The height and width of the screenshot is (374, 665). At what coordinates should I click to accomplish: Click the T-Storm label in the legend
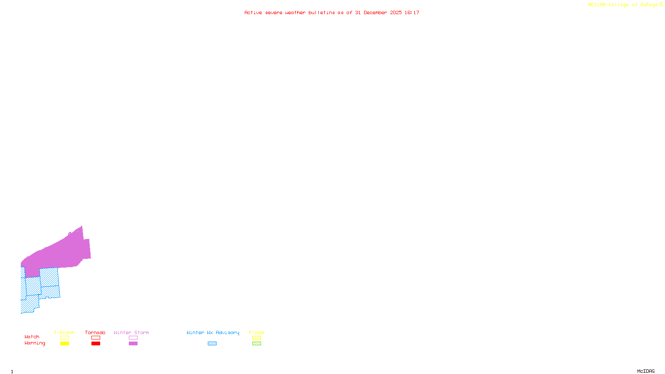tap(64, 332)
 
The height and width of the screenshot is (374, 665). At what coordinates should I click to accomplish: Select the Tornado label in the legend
tap(95, 332)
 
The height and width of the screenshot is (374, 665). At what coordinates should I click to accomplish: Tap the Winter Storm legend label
tap(131, 332)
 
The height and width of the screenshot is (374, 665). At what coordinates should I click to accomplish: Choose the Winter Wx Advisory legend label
tap(213, 332)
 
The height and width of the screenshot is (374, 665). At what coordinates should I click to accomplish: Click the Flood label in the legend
tap(256, 332)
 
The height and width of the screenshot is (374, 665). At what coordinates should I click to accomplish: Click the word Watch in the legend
tap(32, 337)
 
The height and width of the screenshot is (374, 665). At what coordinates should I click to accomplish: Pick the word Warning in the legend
tap(34, 343)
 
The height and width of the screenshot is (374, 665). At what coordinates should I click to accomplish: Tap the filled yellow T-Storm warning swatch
tap(64, 344)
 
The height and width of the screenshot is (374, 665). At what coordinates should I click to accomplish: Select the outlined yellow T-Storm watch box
tap(64, 338)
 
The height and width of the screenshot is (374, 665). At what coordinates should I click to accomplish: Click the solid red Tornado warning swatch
tap(96, 344)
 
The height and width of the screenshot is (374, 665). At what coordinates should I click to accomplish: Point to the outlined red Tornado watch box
tap(96, 338)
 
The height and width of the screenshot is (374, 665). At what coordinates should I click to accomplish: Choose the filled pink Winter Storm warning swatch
tap(133, 344)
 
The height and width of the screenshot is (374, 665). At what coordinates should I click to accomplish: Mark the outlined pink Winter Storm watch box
tap(133, 338)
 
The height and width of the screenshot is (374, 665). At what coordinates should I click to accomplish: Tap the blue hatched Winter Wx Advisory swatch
tap(212, 344)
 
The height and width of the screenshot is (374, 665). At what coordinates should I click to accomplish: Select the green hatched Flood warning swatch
tap(256, 344)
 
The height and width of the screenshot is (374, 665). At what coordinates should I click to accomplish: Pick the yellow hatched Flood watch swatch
tap(256, 338)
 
